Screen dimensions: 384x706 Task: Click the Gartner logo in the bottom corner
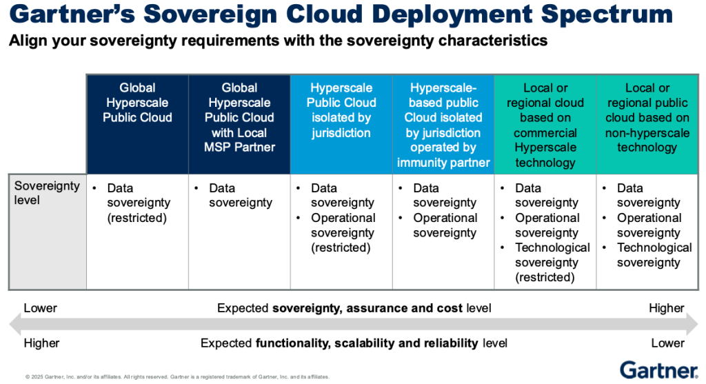click(x=658, y=369)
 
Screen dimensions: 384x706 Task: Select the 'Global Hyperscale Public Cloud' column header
click(x=137, y=103)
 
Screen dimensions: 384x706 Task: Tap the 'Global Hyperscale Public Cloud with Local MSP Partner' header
click(x=239, y=117)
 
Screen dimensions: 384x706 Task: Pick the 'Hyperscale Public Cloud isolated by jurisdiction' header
click(x=341, y=110)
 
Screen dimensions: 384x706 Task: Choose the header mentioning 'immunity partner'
click(x=443, y=125)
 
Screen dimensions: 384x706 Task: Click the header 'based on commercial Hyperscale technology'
click(x=545, y=125)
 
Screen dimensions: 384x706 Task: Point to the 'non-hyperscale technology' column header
click(x=647, y=117)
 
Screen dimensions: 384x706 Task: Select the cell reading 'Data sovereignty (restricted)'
click(x=137, y=203)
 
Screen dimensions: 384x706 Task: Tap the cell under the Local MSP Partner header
click(x=239, y=196)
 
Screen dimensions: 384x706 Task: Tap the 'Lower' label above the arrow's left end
click(x=41, y=308)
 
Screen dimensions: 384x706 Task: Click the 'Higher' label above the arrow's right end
click(x=666, y=308)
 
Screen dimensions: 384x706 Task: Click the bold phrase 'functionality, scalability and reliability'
click(x=367, y=343)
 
